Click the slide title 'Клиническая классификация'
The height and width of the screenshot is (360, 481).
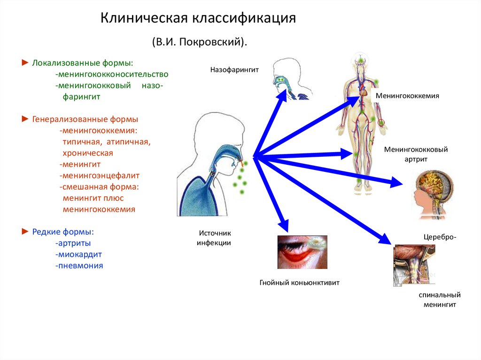tap(198, 19)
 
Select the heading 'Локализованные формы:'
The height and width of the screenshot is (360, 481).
tap(82, 63)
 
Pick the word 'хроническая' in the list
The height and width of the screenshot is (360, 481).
tap(88, 153)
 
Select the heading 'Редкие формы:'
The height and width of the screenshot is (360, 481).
tap(63, 232)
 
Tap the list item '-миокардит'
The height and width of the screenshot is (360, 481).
tap(78, 254)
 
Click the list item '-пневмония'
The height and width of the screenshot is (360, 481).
tap(79, 266)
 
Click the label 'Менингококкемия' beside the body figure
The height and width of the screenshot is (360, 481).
tap(407, 96)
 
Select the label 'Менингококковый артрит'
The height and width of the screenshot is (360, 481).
tap(416, 154)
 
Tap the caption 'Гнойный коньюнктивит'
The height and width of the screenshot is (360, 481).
tap(299, 283)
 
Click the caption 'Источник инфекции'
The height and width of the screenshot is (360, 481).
tap(214, 237)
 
